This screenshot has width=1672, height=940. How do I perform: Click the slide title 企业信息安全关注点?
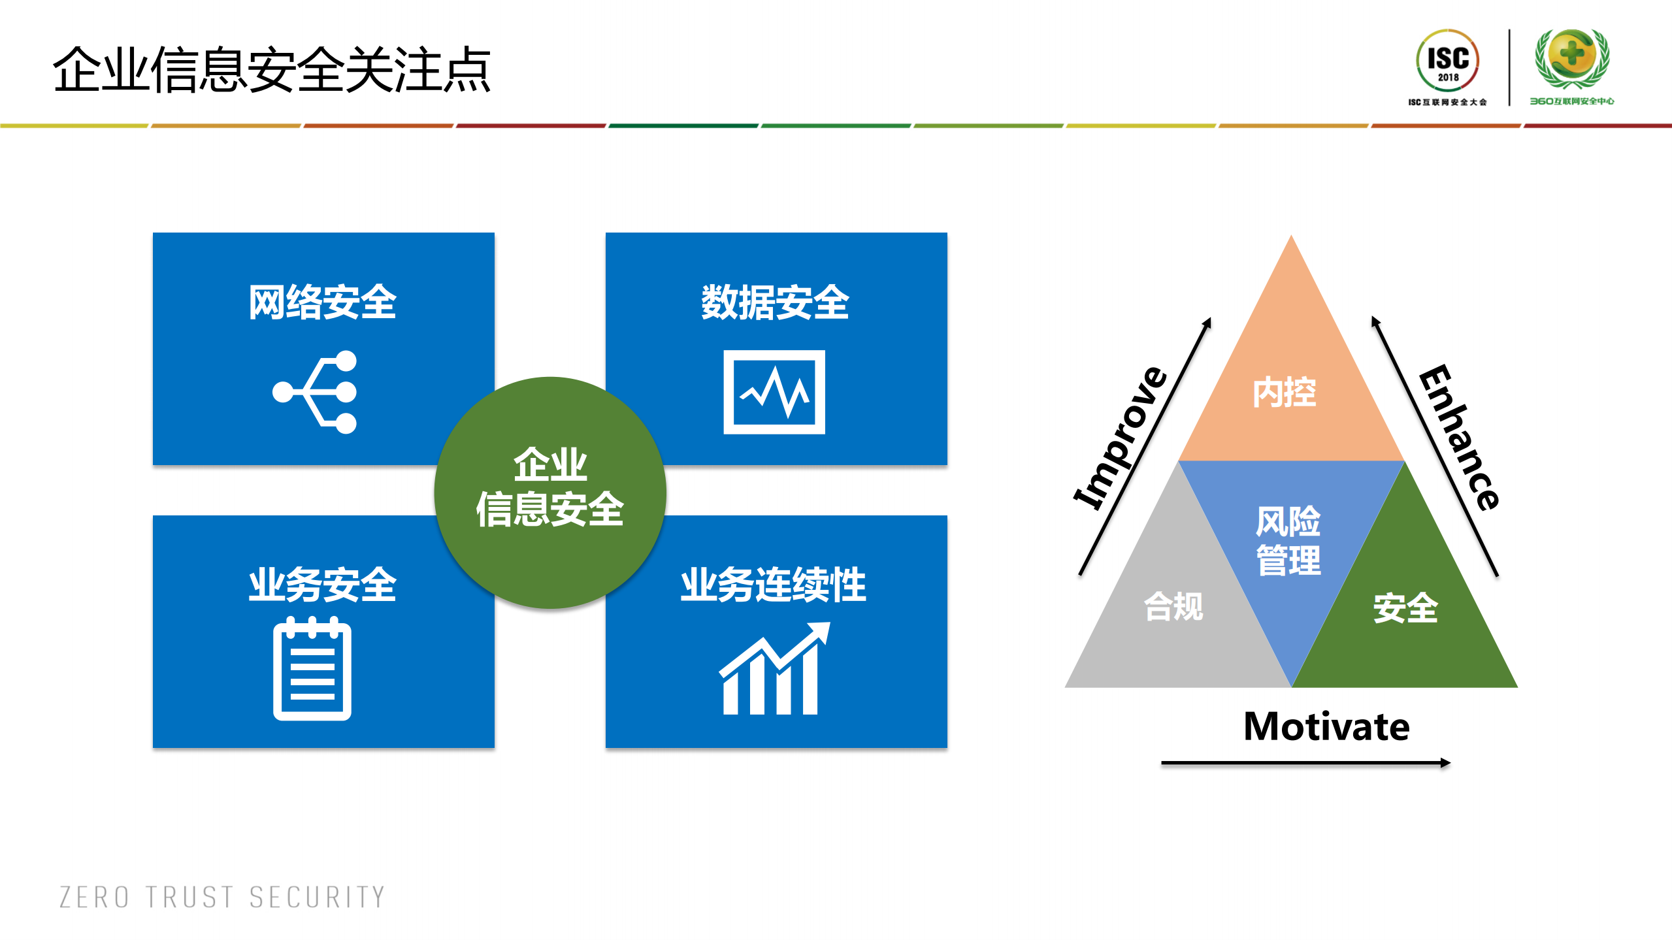(x=271, y=70)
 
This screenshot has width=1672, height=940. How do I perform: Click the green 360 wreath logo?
(x=1571, y=59)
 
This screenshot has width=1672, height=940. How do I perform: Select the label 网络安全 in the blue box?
(x=322, y=302)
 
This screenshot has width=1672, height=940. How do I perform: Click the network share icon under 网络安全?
(x=316, y=392)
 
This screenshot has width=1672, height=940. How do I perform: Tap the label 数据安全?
(x=775, y=302)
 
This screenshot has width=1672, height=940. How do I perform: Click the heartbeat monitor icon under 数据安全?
(x=774, y=392)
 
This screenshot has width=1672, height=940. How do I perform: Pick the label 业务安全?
(x=322, y=585)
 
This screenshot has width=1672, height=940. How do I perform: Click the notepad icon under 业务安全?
(x=312, y=669)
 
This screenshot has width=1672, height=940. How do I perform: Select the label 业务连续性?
(x=774, y=585)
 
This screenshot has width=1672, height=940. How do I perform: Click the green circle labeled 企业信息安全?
(x=550, y=490)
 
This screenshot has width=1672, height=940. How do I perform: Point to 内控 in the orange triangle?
(x=1284, y=393)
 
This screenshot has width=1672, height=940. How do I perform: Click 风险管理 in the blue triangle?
(x=1288, y=541)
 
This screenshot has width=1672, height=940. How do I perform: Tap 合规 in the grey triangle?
(x=1173, y=607)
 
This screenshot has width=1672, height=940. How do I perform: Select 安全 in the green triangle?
(x=1405, y=608)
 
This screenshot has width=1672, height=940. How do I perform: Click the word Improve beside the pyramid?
(x=1121, y=438)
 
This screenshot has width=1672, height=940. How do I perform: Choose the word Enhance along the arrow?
(x=1460, y=438)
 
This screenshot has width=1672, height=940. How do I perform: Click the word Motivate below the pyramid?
(x=1326, y=726)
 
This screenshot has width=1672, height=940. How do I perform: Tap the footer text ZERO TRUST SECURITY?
(x=222, y=898)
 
